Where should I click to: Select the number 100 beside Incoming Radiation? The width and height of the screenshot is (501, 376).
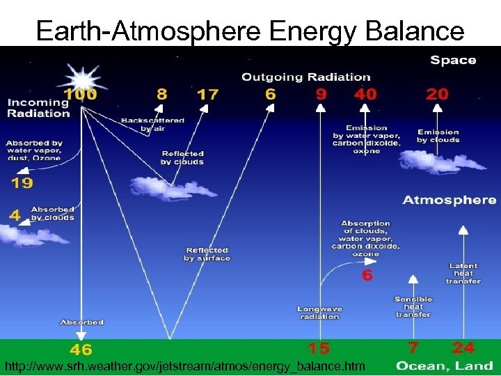click(x=80, y=93)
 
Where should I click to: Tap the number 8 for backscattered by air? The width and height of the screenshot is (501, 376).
click(x=162, y=93)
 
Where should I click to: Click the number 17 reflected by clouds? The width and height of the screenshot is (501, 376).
click(x=208, y=94)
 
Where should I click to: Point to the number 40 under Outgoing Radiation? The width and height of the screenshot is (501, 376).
click(x=365, y=93)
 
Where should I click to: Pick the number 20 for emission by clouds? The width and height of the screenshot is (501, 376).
click(x=437, y=93)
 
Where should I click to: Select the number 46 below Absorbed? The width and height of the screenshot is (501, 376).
click(x=81, y=349)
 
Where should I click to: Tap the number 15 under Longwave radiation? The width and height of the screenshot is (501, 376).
click(x=319, y=347)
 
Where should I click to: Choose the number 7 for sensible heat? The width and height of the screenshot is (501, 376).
click(x=413, y=347)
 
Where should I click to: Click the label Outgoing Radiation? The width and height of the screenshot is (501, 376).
click(x=306, y=77)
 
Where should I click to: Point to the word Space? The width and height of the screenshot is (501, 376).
click(x=453, y=60)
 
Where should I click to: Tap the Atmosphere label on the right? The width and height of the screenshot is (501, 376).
click(x=450, y=200)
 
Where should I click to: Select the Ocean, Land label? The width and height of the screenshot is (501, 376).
click(x=445, y=365)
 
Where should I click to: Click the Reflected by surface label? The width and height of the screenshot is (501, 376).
click(x=207, y=254)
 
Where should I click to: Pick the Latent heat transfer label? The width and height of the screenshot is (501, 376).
click(x=463, y=273)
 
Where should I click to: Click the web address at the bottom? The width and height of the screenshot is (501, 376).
click(x=184, y=366)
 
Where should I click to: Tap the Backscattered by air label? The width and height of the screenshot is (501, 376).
click(x=152, y=124)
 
